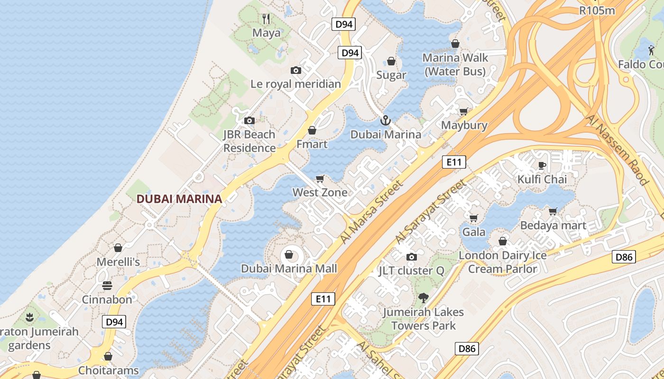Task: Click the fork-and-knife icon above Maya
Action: [266, 19]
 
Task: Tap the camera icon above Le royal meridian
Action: [296, 71]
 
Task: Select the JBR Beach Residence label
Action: [249, 141]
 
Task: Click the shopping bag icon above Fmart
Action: [312, 130]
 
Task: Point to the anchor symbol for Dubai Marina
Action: [385, 120]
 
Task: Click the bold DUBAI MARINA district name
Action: [179, 199]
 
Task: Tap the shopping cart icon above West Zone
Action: [320, 179]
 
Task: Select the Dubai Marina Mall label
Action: [289, 269]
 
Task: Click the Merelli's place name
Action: [118, 262]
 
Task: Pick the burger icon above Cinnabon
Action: [107, 286]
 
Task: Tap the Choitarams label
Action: [109, 370]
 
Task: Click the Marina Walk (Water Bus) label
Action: [455, 64]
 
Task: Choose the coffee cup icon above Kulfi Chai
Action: [542, 165]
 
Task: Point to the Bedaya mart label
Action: [553, 226]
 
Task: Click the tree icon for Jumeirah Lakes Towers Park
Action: [423, 298]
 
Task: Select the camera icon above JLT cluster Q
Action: [411, 257]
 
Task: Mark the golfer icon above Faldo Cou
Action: [650, 50]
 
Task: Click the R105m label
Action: [597, 10]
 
